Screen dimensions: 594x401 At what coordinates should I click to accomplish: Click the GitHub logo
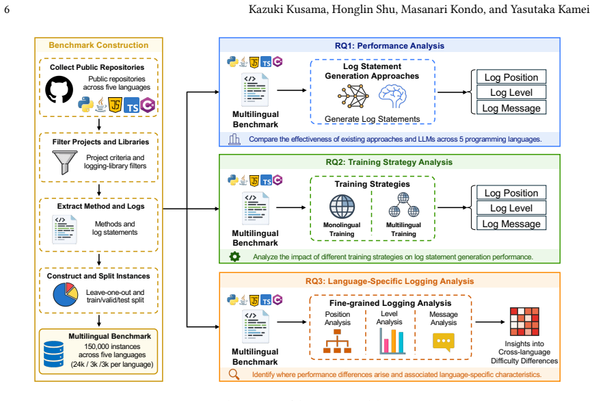point(59,90)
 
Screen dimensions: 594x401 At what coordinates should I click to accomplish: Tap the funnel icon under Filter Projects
point(65,162)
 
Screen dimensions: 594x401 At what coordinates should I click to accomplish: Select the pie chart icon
point(66,294)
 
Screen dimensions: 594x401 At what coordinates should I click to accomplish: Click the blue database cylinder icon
point(54,354)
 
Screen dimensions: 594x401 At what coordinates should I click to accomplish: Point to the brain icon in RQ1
point(392,96)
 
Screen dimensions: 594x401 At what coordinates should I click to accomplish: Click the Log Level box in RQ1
point(511,92)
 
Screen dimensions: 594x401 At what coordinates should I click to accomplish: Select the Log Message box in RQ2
point(511,224)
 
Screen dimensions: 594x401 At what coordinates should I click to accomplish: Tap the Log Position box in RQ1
point(511,77)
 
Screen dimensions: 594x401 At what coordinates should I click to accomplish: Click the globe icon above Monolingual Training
point(342,207)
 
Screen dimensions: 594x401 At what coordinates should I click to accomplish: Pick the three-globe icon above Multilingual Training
point(404,205)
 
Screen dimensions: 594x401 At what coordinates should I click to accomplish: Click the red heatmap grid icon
point(524,322)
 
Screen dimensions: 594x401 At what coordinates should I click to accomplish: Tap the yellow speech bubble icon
point(443,342)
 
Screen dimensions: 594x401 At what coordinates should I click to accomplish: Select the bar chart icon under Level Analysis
point(392,341)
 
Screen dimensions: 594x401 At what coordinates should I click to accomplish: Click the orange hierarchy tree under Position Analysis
point(337,341)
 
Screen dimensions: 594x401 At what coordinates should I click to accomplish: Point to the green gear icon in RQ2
point(235,257)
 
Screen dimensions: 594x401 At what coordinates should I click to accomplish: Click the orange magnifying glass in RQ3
point(234,374)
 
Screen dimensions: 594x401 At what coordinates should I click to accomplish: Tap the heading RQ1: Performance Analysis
point(390,46)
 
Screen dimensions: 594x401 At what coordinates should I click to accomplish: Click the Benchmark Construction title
point(98,45)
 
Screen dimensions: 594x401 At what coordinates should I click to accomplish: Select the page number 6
point(7,9)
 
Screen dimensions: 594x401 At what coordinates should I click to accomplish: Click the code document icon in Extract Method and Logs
point(65,229)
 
